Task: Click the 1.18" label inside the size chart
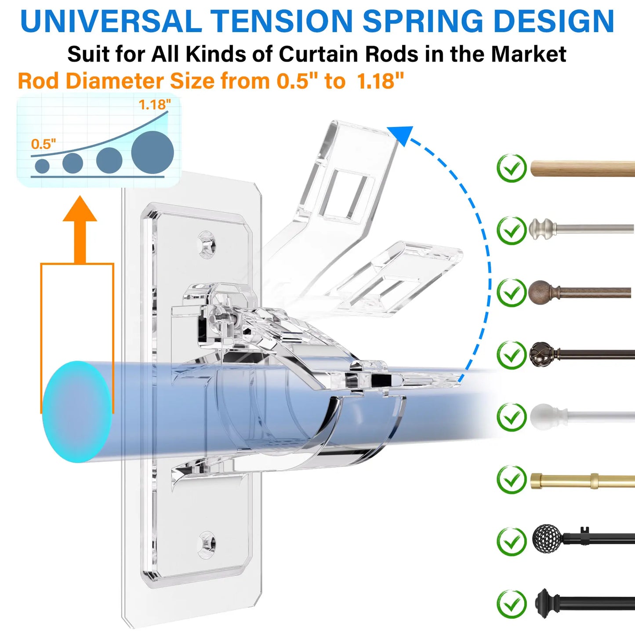pyautogui.click(x=154, y=105)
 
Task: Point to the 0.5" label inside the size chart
pyautogui.click(x=44, y=144)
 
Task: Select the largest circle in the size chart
pyautogui.click(x=152, y=152)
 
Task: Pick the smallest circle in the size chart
pyautogui.click(x=42, y=166)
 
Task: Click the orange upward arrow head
pyautogui.click(x=80, y=209)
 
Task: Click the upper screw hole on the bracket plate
pyautogui.click(x=207, y=245)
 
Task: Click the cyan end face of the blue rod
pyautogui.click(x=76, y=412)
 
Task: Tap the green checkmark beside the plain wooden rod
pyautogui.click(x=512, y=168)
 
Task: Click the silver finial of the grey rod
pyautogui.click(x=541, y=229)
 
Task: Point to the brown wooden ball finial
pyautogui.click(x=541, y=292)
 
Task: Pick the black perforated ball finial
pyautogui.click(x=547, y=538)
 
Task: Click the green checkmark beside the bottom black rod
pyautogui.click(x=512, y=604)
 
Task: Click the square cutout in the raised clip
pyautogui.click(x=345, y=193)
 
